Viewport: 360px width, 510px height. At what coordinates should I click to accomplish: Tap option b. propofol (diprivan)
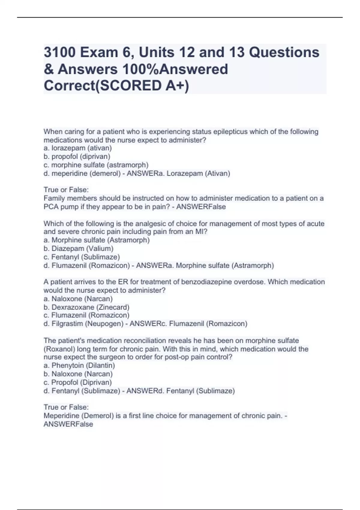[x=77, y=157]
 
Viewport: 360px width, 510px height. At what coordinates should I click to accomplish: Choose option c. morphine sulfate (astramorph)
[x=96, y=165]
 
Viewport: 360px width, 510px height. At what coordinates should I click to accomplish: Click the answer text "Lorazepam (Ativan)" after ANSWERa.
[x=198, y=173]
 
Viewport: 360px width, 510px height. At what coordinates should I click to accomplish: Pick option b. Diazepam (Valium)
[x=79, y=248]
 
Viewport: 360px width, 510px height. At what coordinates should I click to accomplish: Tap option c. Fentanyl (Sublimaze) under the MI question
[x=82, y=257]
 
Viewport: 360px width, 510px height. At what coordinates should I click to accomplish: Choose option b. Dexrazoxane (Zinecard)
[x=86, y=307]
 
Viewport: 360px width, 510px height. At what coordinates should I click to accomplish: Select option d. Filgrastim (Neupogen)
[x=83, y=324]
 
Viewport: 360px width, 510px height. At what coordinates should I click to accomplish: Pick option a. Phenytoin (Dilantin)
[x=79, y=365]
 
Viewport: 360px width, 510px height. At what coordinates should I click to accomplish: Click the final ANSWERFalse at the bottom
[x=68, y=424]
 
